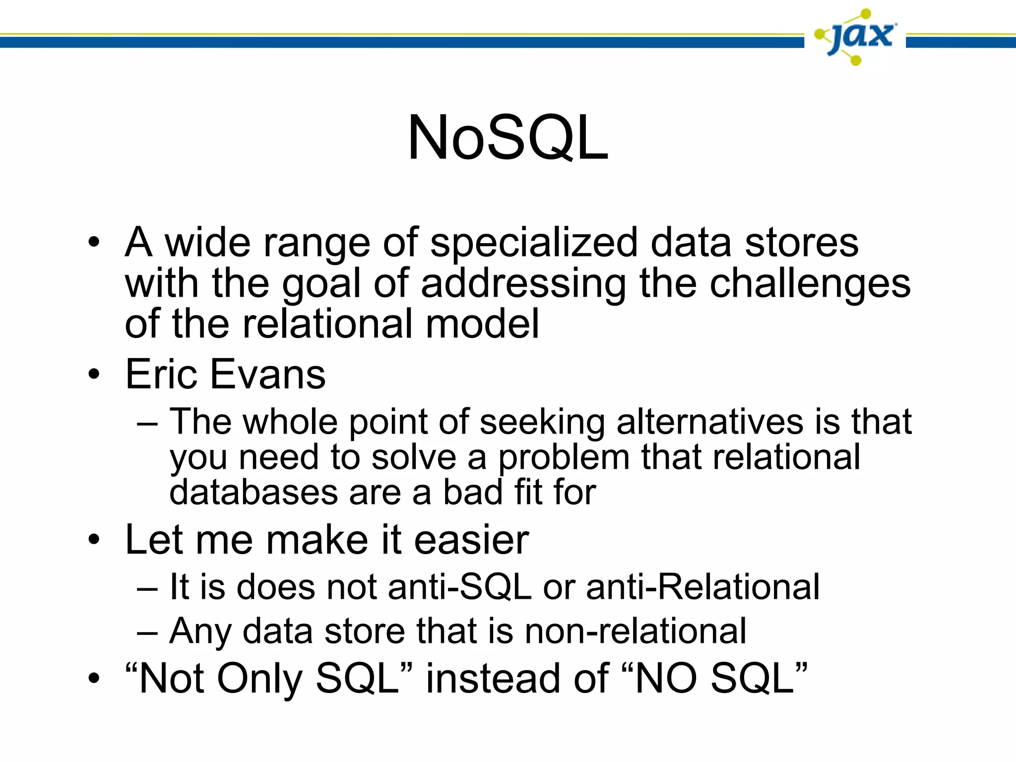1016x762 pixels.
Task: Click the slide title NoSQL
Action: (508, 138)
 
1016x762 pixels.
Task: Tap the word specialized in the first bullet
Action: (533, 243)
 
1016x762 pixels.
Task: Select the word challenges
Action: (810, 284)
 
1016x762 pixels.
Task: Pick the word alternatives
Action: (709, 422)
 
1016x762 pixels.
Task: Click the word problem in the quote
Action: (564, 458)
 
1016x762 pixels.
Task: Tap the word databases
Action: (254, 493)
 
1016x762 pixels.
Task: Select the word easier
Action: (471, 540)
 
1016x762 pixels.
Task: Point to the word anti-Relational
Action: (702, 587)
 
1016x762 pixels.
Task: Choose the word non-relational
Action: (635, 631)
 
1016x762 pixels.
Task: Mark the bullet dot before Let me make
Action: (94, 540)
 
